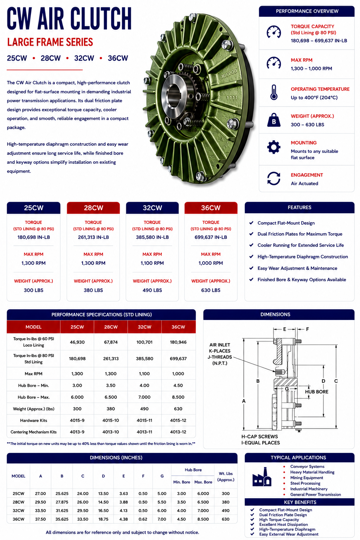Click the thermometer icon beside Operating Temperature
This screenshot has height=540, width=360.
[274, 92]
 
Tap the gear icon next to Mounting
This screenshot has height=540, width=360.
[274, 147]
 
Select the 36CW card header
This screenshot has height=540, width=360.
[211, 208]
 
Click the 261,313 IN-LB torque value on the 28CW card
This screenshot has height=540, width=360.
[93, 237]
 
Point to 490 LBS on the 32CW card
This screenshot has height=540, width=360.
[152, 290]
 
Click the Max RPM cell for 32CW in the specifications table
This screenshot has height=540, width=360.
[144, 374]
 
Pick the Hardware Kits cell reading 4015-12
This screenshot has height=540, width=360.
[178, 420]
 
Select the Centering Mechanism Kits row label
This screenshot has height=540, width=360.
[33, 432]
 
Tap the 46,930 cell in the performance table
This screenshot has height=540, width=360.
[77, 342]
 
